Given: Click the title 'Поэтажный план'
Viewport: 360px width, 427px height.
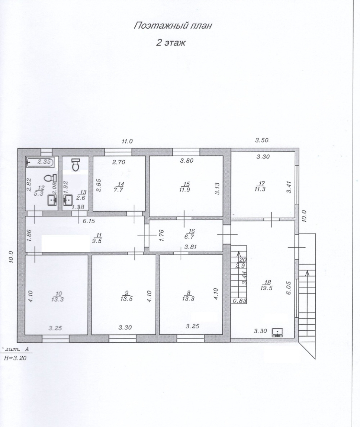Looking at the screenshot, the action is click(173, 26).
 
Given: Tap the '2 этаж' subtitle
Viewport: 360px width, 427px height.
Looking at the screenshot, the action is click(171, 43).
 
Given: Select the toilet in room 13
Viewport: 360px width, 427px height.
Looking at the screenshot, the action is click(75, 165).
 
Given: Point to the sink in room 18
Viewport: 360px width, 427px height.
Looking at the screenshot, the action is click(277, 333).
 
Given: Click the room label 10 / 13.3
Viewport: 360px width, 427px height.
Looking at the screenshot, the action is click(57, 296).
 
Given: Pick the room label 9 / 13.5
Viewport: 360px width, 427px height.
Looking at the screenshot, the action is click(126, 296).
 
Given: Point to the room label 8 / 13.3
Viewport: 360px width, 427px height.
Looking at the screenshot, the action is click(188, 296).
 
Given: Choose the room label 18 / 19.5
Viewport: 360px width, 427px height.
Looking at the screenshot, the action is click(266, 285).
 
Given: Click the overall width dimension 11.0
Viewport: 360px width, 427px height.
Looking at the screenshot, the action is click(127, 141).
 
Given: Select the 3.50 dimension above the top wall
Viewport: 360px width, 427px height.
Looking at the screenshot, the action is click(262, 140).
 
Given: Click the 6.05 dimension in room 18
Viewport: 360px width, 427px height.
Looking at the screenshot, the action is click(289, 288).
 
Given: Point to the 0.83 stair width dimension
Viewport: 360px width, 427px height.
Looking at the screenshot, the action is click(240, 301).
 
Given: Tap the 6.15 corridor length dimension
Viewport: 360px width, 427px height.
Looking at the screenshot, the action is click(89, 221).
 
